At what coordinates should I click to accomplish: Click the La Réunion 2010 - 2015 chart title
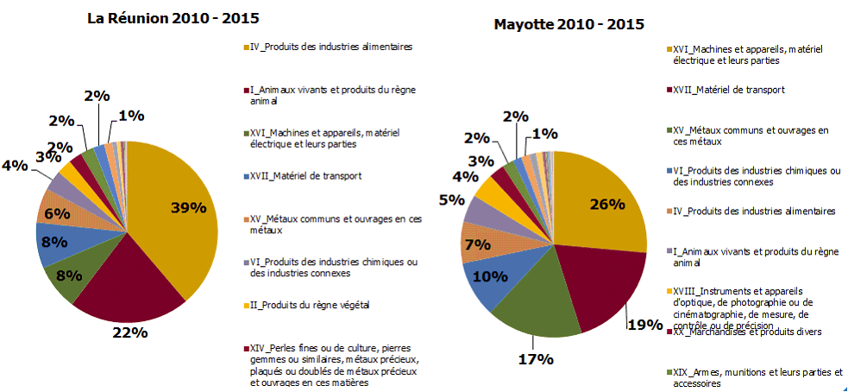click(x=173, y=17)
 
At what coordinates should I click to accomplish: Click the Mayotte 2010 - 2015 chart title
click(x=568, y=23)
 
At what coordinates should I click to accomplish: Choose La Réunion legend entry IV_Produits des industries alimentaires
click(x=336, y=46)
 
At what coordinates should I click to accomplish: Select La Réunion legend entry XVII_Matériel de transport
click(x=299, y=176)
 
